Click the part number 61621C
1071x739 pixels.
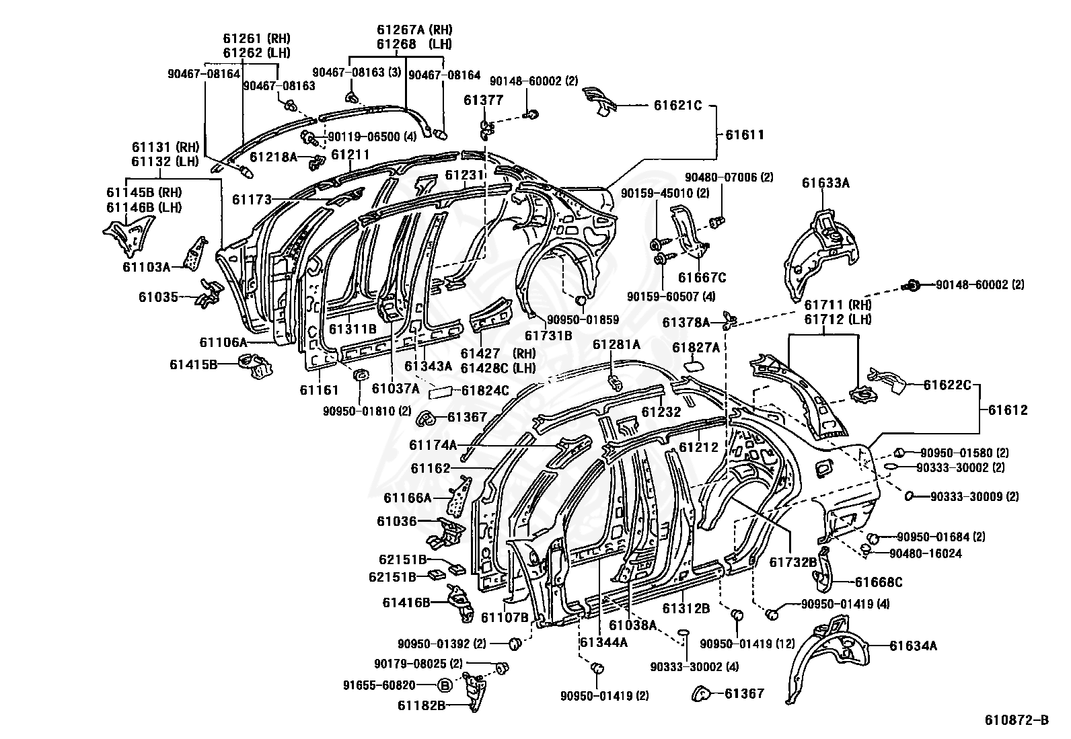tap(677, 105)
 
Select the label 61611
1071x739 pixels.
tap(745, 134)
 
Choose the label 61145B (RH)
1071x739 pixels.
tap(144, 192)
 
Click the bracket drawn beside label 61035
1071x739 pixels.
tap(209, 293)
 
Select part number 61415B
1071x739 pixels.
tap(193, 364)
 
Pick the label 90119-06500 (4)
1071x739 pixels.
tap(372, 137)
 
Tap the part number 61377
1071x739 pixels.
tap(484, 100)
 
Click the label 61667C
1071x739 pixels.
tap(702, 277)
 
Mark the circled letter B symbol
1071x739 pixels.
tap(445, 685)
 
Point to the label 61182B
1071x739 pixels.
tap(421, 705)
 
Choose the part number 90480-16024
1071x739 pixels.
tap(926, 553)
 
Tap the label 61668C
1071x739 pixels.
tap(879, 582)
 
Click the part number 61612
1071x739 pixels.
tap(1008, 410)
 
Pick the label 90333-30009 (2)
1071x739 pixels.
tap(974, 497)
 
